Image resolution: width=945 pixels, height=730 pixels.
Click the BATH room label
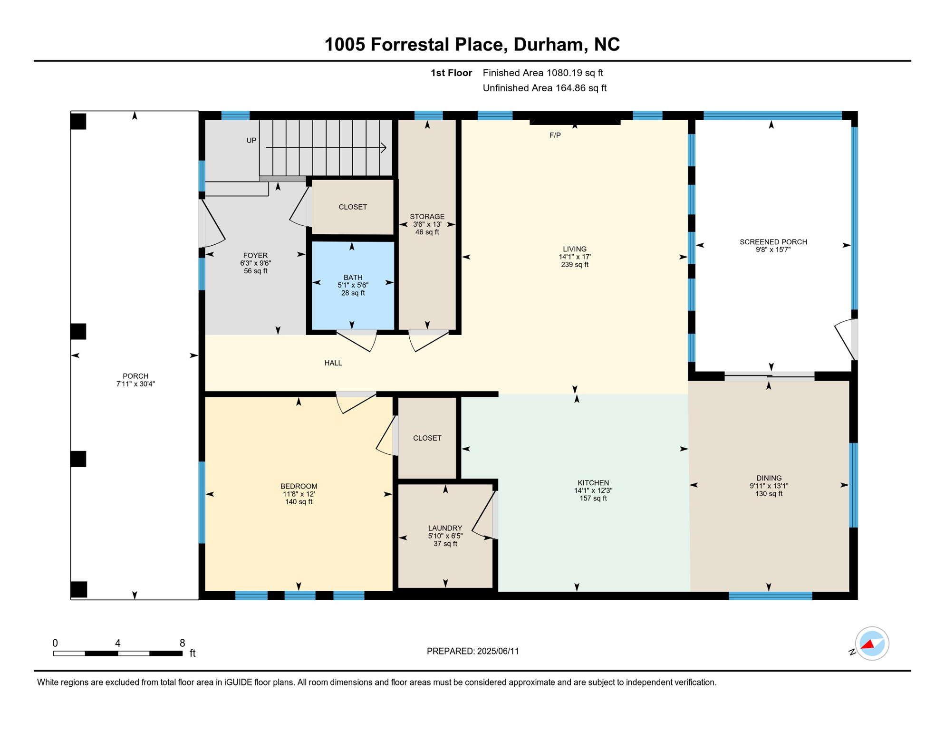tap(353, 278)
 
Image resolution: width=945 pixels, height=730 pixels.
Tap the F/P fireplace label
tap(555, 135)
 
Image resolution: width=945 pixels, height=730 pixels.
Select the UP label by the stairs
tap(251, 140)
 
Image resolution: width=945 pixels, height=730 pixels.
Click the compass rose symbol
tap(872, 644)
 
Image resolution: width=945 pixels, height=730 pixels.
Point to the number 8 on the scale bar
tap(182, 643)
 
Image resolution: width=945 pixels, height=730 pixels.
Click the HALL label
tap(333, 363)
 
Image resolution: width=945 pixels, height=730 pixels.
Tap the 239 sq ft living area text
tap(574, 265)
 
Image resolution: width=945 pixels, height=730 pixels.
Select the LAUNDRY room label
tap(445, 528)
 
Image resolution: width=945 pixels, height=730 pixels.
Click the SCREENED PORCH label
tap(773, 242)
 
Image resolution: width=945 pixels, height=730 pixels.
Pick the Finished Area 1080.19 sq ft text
tap(542, 73)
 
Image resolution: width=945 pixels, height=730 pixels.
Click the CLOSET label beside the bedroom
tap(427, 438)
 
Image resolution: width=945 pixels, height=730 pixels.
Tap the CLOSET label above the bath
tap(352, 207)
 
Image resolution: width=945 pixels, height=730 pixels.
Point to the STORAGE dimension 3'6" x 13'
tap(427, 224)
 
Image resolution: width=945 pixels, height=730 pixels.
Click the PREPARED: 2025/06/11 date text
tap(472, 651)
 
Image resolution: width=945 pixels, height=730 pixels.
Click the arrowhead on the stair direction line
tap(384, 148)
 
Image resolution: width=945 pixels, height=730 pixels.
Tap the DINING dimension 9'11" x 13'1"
tap(769, 486)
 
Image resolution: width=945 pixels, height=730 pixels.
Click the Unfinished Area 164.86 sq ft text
tap(544, 88)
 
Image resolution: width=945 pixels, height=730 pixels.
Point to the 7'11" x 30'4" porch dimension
tap(135, 384)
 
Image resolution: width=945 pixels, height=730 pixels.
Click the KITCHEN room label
tap(593, 483)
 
